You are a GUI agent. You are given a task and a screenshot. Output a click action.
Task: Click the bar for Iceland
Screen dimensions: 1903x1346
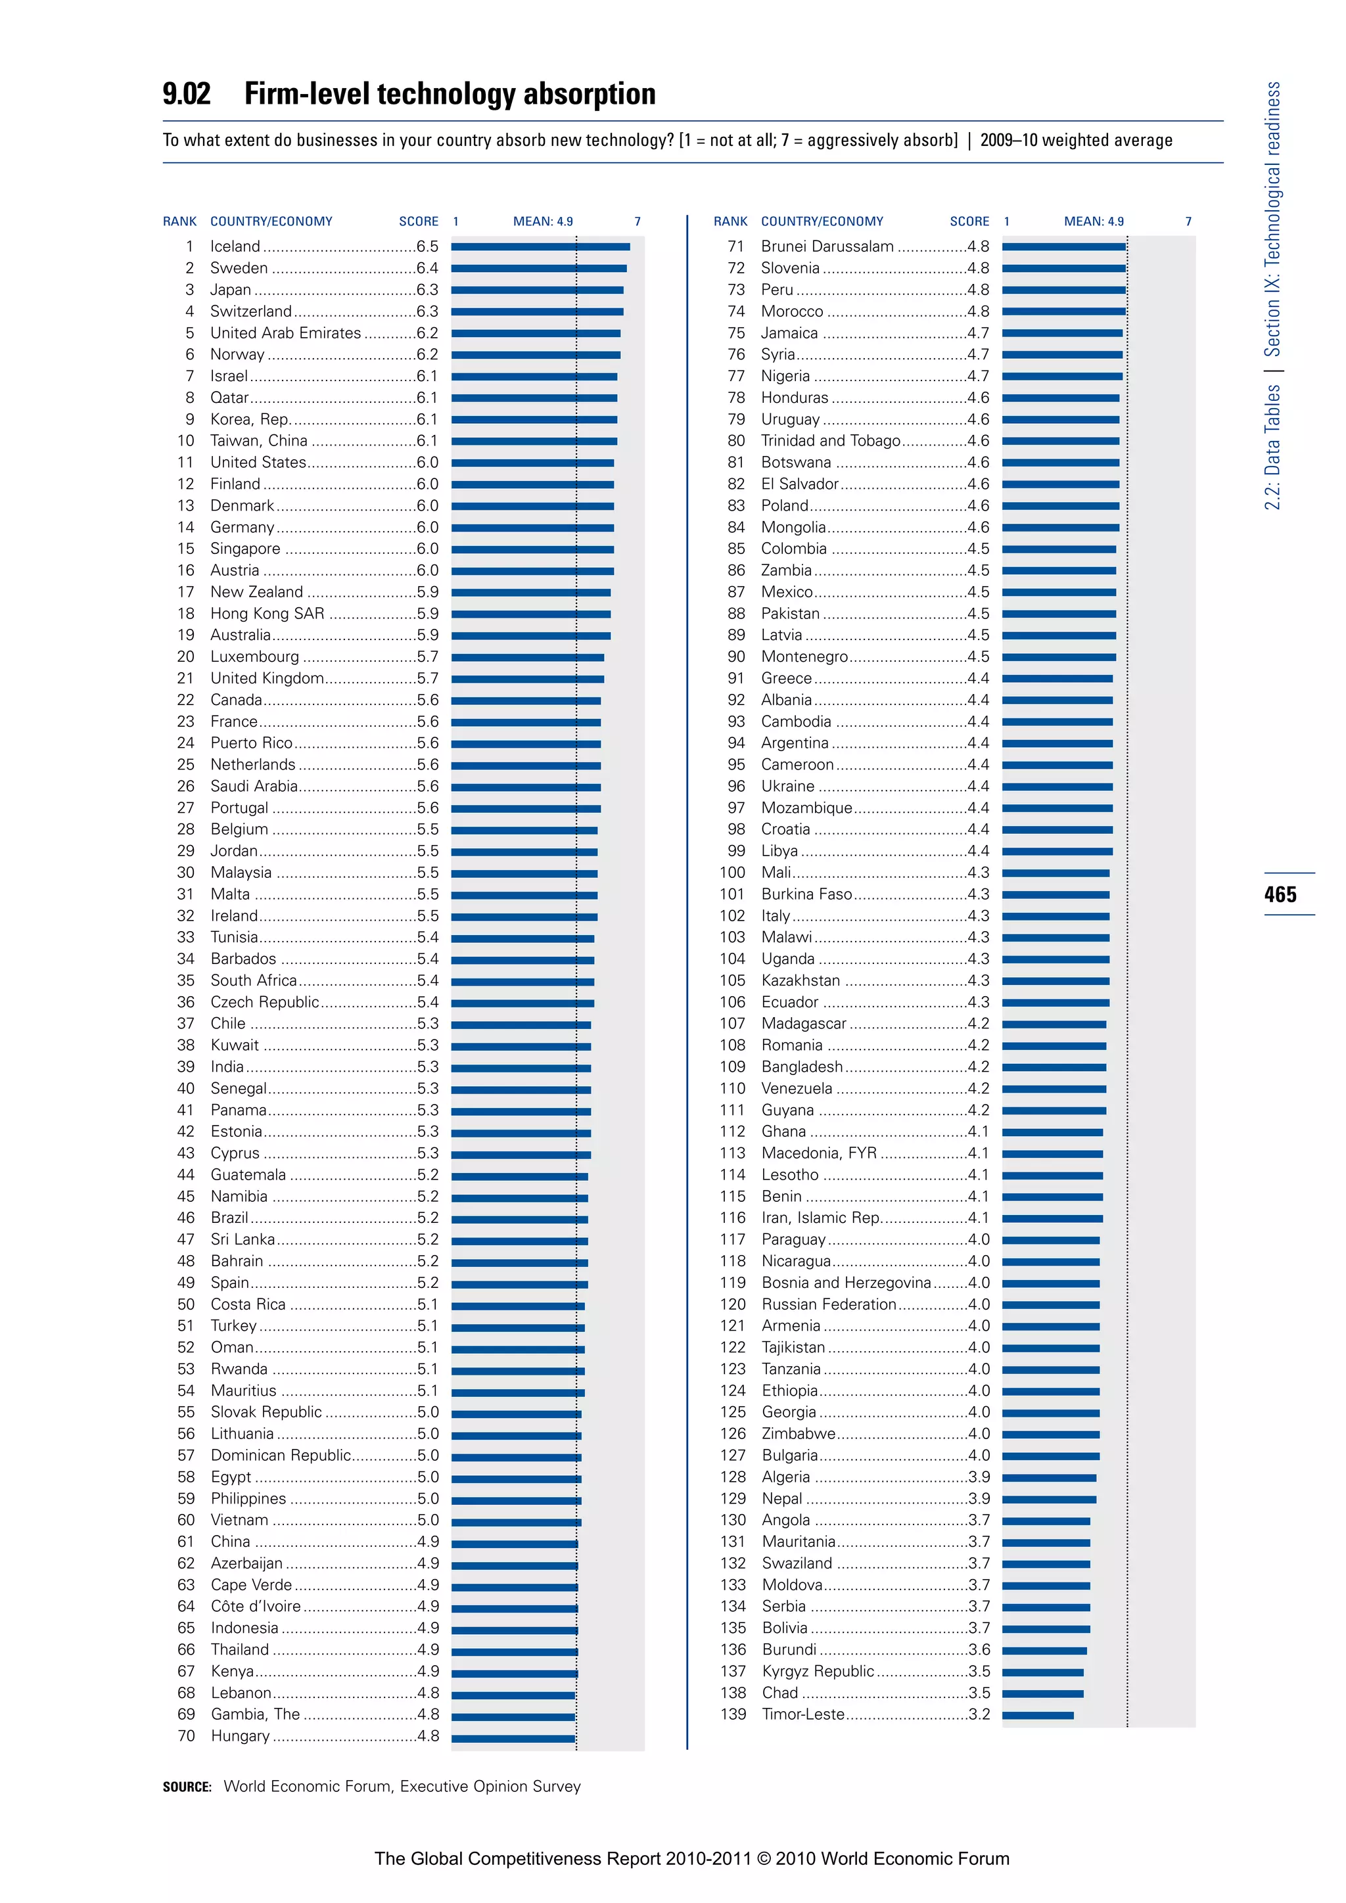coord(540,246)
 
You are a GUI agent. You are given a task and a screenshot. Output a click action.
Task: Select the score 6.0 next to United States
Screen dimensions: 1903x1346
coord(428,463)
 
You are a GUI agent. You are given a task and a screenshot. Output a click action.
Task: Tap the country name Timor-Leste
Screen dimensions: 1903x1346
coord(802,1714)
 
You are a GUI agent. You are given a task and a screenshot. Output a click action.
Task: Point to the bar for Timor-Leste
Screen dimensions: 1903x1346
coord(1037,1715)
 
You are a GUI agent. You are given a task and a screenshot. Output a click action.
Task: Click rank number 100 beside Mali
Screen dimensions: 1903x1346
coord(732,872)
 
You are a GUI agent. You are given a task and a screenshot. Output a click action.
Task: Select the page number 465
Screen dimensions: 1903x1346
coord(1280,894)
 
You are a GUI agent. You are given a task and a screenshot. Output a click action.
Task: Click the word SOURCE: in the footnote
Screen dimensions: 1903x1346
coord(187,1787)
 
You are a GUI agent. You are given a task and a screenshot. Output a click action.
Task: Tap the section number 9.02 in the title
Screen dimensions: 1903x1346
coord(187,94)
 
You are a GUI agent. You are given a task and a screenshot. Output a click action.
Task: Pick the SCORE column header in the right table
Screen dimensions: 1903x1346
coord(969,221)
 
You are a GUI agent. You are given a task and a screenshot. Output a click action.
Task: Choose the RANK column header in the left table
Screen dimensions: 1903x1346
coord(180,221)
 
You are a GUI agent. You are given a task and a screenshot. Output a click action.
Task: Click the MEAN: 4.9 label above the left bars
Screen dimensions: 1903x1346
coord(543,221)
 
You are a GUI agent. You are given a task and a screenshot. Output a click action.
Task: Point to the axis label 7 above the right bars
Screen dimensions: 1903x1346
coord(1188,221)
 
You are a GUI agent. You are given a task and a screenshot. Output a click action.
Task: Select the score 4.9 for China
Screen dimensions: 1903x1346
coord(429,1542)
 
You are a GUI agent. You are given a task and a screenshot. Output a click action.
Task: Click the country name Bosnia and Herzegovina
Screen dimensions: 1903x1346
coord(845,1282)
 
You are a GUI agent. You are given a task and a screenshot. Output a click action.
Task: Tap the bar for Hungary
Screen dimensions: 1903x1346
coord(513,1736)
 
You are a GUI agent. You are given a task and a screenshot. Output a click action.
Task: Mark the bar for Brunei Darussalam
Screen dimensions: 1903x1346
coord(1063,246)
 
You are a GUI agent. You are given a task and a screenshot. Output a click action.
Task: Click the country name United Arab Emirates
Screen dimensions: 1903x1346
coord(285,333)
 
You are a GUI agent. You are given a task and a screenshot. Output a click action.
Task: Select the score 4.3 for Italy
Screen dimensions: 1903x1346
coord(978,916)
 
